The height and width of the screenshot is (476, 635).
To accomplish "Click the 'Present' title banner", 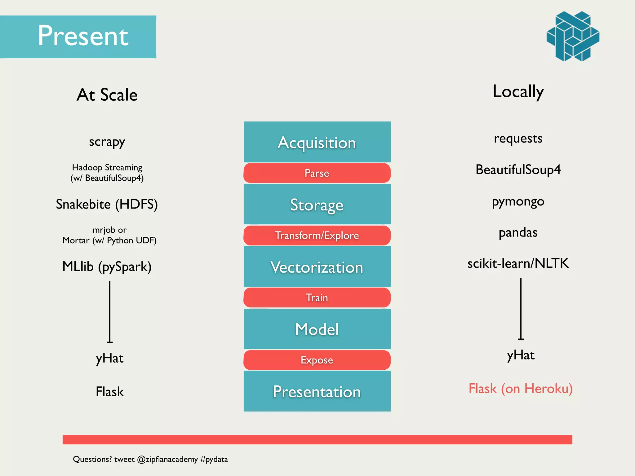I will (78, 37).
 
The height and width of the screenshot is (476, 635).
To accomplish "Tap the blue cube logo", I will (573, 36).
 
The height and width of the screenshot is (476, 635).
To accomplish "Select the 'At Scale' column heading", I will (107, 95).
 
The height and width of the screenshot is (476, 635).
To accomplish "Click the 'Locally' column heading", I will (518, 92).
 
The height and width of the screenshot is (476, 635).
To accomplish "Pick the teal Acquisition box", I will (317, 142).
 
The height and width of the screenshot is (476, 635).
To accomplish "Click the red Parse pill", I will (317, 173).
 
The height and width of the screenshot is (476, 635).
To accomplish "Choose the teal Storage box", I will (317, 205).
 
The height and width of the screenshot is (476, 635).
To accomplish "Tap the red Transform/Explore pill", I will (317, 236).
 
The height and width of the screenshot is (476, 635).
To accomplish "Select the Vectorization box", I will (317, 267).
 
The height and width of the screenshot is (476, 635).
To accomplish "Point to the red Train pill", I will (317, 297).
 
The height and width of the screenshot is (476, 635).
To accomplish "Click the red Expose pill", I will (317, 360).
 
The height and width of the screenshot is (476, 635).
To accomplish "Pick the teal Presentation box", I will (317, 391).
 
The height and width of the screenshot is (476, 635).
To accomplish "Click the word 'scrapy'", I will (107, 142).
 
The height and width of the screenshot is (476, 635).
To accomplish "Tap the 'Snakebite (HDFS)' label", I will (107, 205).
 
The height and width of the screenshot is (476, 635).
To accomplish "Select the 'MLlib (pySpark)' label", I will (107, 267).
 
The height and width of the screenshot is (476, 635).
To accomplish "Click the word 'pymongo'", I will (518, 202).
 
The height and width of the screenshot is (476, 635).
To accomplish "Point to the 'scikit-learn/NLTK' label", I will (518, 263).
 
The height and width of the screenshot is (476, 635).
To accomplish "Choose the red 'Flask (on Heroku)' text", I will (521, 389).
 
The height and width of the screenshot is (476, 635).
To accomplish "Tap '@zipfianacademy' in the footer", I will (167, 459).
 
